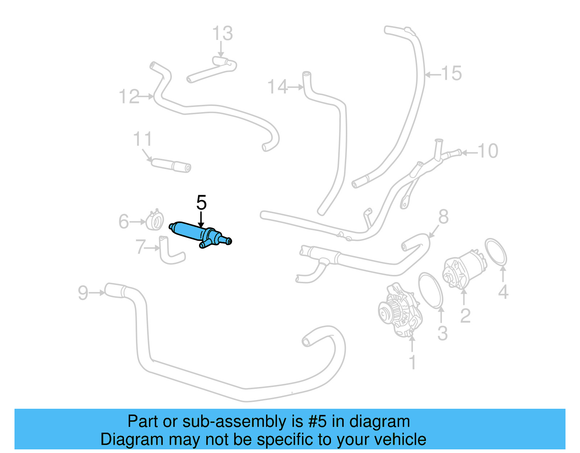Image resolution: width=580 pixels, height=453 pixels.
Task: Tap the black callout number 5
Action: [x=201, y=202]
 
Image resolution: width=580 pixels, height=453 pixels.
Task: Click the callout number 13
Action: [x=222, y=33]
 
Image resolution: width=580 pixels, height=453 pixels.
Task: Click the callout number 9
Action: [x=83, y=293]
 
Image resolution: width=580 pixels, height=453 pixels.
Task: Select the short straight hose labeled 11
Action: [x=170, y=165]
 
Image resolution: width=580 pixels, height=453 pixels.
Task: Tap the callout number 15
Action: [x=451, y=73]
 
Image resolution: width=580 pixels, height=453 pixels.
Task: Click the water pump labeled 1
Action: [x=399, y=312]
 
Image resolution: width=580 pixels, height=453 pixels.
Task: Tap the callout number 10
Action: [x=488, y=151]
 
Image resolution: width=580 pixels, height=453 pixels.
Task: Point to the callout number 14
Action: [x=277, y=87]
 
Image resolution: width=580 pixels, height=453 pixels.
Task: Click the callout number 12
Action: [x=129, y=97]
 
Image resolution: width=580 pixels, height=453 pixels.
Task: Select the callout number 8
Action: [x=443, y=217]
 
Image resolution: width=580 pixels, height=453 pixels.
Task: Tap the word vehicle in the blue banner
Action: [x=400, y=439]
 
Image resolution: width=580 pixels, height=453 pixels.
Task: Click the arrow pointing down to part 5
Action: [x=201, y=220]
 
